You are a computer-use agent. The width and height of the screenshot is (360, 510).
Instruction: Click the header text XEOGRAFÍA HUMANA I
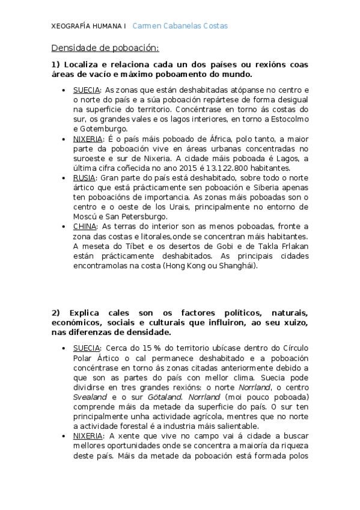coord(88,26)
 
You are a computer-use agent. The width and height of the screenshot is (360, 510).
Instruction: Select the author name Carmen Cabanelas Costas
coord(180,26)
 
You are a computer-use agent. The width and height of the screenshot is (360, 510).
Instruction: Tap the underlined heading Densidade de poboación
coord(105,48)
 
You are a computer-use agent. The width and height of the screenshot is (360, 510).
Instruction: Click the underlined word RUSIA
coord(84,178)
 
